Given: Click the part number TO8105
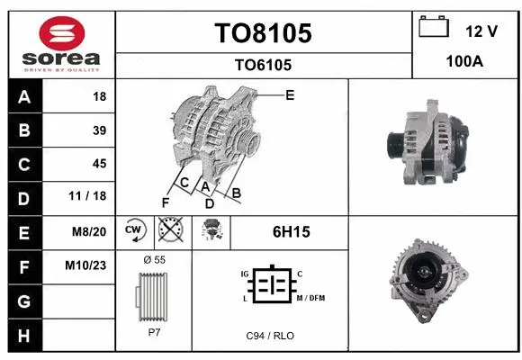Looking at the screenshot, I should pos(263,33).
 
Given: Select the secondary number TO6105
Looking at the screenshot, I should pos(263,65).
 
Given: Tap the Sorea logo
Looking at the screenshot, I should pos(59,40).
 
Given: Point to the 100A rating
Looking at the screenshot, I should pos(465,62).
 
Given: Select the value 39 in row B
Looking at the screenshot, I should pos(99,130).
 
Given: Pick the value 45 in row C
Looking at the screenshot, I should pos(99,164).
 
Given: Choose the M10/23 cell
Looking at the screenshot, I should pos(88,265).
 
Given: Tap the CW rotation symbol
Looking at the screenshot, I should pos(134,230).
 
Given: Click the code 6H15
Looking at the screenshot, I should pos(291,231).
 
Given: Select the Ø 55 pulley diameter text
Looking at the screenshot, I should pos(154,259).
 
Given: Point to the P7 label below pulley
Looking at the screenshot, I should pos(154,331).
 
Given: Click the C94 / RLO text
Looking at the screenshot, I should pos(270,336).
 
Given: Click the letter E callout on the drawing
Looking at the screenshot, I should pos(290,94).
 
